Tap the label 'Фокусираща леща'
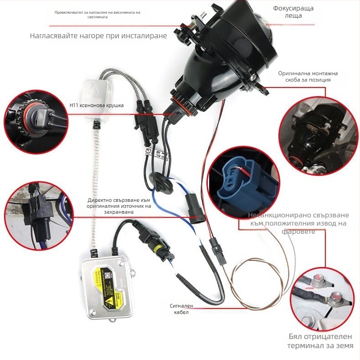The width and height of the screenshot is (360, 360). (x=293, y=12)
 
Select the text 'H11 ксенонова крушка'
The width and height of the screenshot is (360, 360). (x=97, y=105)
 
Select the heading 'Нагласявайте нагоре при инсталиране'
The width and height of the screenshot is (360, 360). (x=98, y=36)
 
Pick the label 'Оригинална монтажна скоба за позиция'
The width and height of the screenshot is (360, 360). (x=304, y=76)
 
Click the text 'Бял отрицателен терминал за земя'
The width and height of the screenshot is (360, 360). (x=320, y=341)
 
